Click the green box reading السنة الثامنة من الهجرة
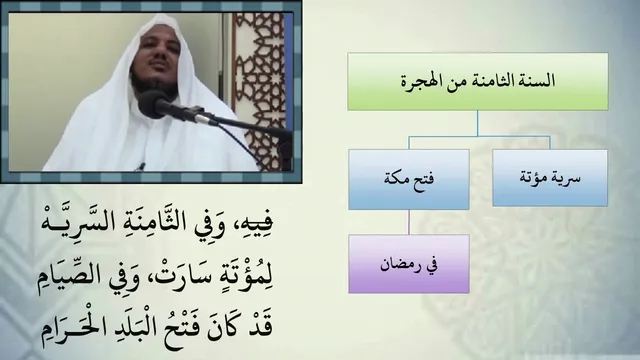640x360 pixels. point(478,81)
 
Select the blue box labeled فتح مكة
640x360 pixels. point(409,179)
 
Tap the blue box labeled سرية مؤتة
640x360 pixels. point(550,178)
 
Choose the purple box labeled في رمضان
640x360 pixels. point(409,264)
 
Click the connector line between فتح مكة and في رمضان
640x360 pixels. point(409,222)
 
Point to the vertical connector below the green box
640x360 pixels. point(477,123)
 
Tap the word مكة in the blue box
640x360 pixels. point(396,178)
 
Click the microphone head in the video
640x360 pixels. point(152,104)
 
